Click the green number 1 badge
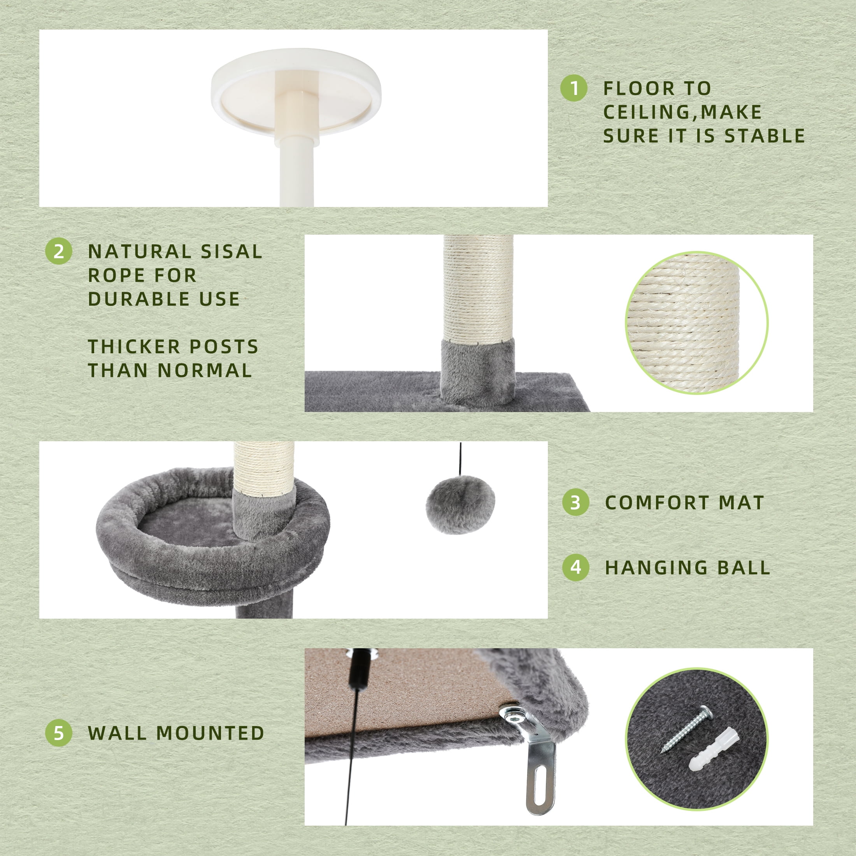coord(574,88)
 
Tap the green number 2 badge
coord(58,251)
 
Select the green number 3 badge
coord(575,502)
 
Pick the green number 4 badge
coord(575,567)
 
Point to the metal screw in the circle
coord(687,729)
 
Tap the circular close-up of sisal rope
coord(696,323)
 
